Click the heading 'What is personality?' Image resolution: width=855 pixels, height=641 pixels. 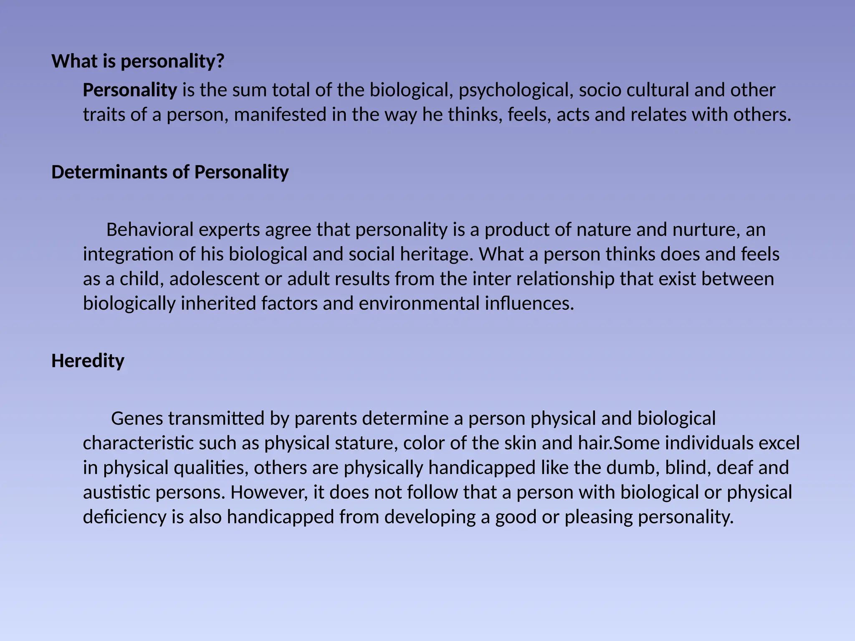138,61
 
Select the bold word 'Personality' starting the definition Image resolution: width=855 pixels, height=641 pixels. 130,90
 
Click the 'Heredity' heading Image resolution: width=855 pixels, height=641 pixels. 88,361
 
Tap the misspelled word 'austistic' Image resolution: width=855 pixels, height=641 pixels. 116,492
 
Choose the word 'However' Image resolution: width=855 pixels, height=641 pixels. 268,492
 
